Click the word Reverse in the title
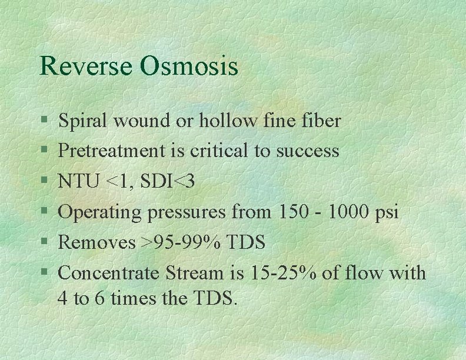[85, 66]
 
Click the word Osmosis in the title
[189, 66]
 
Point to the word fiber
[319, 121]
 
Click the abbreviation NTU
[78, 182]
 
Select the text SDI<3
[160, 182]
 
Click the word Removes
[96, 242]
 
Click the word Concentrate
[110, 273]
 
